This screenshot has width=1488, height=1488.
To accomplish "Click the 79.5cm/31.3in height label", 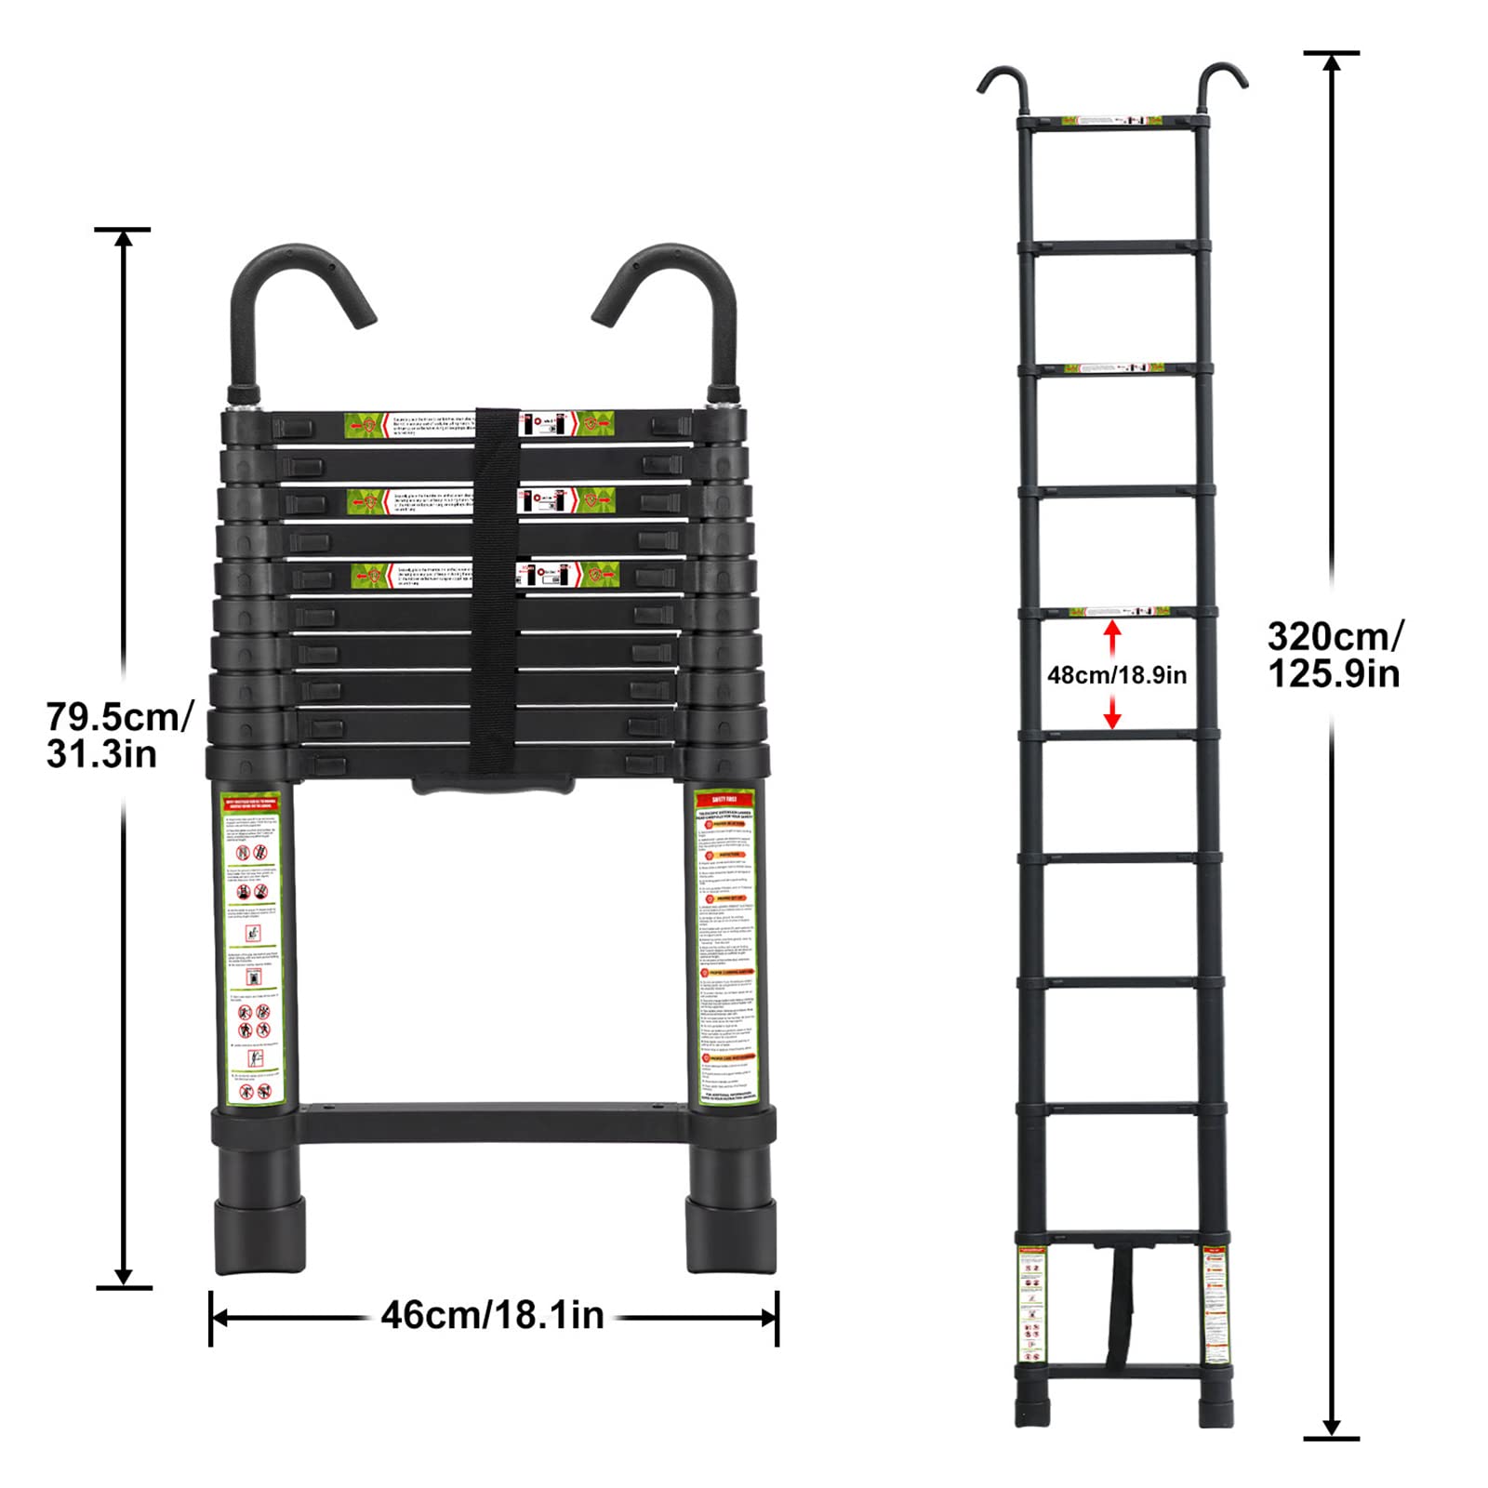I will click(119, 735).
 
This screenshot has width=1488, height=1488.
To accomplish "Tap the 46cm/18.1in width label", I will click(493, 1316).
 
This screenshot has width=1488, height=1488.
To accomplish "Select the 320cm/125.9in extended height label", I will click(1335, 655).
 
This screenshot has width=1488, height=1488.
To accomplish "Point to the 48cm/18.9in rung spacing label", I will click(1117, 675).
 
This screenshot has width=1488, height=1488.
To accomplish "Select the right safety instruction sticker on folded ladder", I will click(726, 949).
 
